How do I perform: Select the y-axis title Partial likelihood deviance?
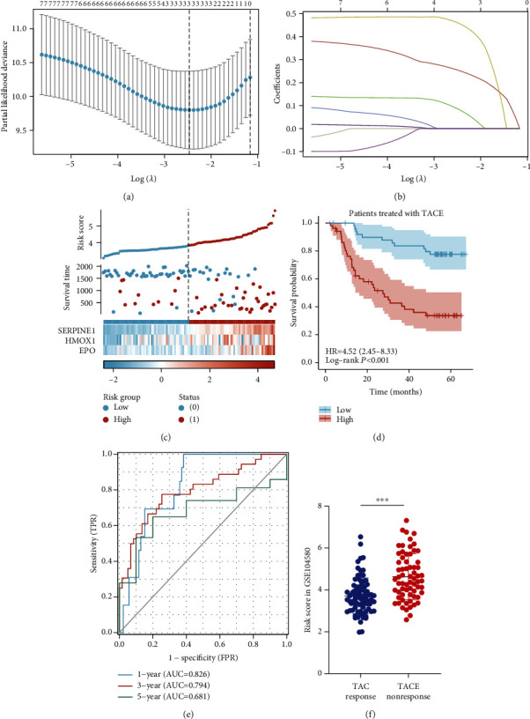click(x=7, y=83)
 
